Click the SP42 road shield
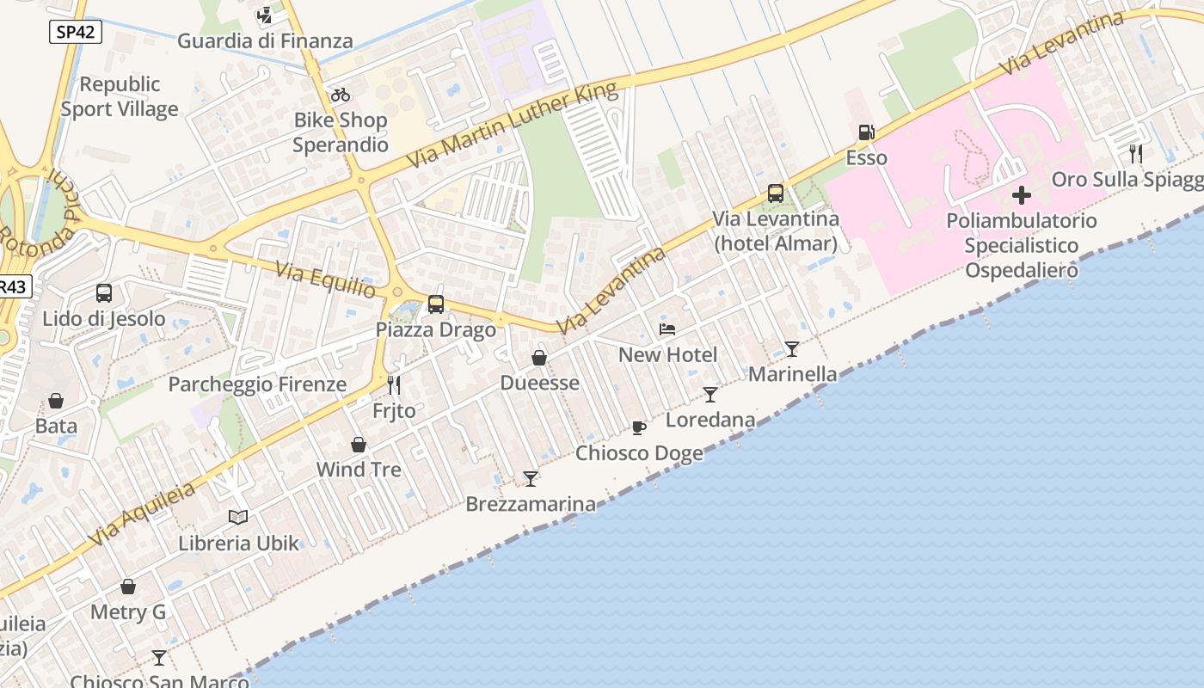74,33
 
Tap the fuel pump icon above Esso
866,132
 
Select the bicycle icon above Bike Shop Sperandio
341,95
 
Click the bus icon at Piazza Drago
436,304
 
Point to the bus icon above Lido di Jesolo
104,293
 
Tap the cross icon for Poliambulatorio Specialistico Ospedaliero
1021,194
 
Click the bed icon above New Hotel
667,329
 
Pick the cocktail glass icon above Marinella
792,348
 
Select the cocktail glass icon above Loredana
710,395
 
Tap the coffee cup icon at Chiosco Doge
638,427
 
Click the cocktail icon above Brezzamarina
531,479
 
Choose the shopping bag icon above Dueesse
539,358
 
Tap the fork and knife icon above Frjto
394,384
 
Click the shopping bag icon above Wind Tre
359,445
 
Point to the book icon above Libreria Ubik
238,517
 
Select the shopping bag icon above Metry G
128,587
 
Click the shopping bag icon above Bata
56,401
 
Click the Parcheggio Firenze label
257,384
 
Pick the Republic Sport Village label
120,96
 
